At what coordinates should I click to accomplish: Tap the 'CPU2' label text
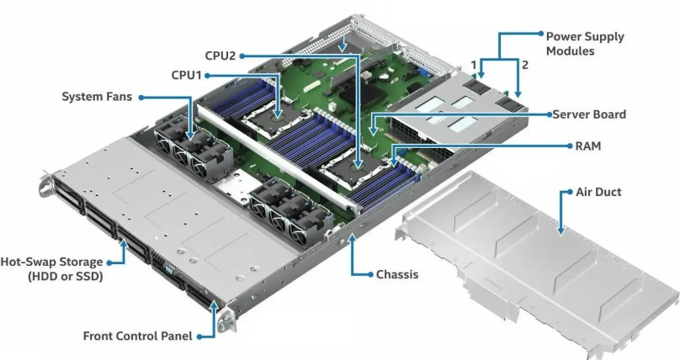220,56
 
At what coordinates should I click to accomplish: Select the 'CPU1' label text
188,75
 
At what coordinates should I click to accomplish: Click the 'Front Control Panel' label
137,336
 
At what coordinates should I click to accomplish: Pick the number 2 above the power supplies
525,64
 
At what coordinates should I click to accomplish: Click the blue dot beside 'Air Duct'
562,192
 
